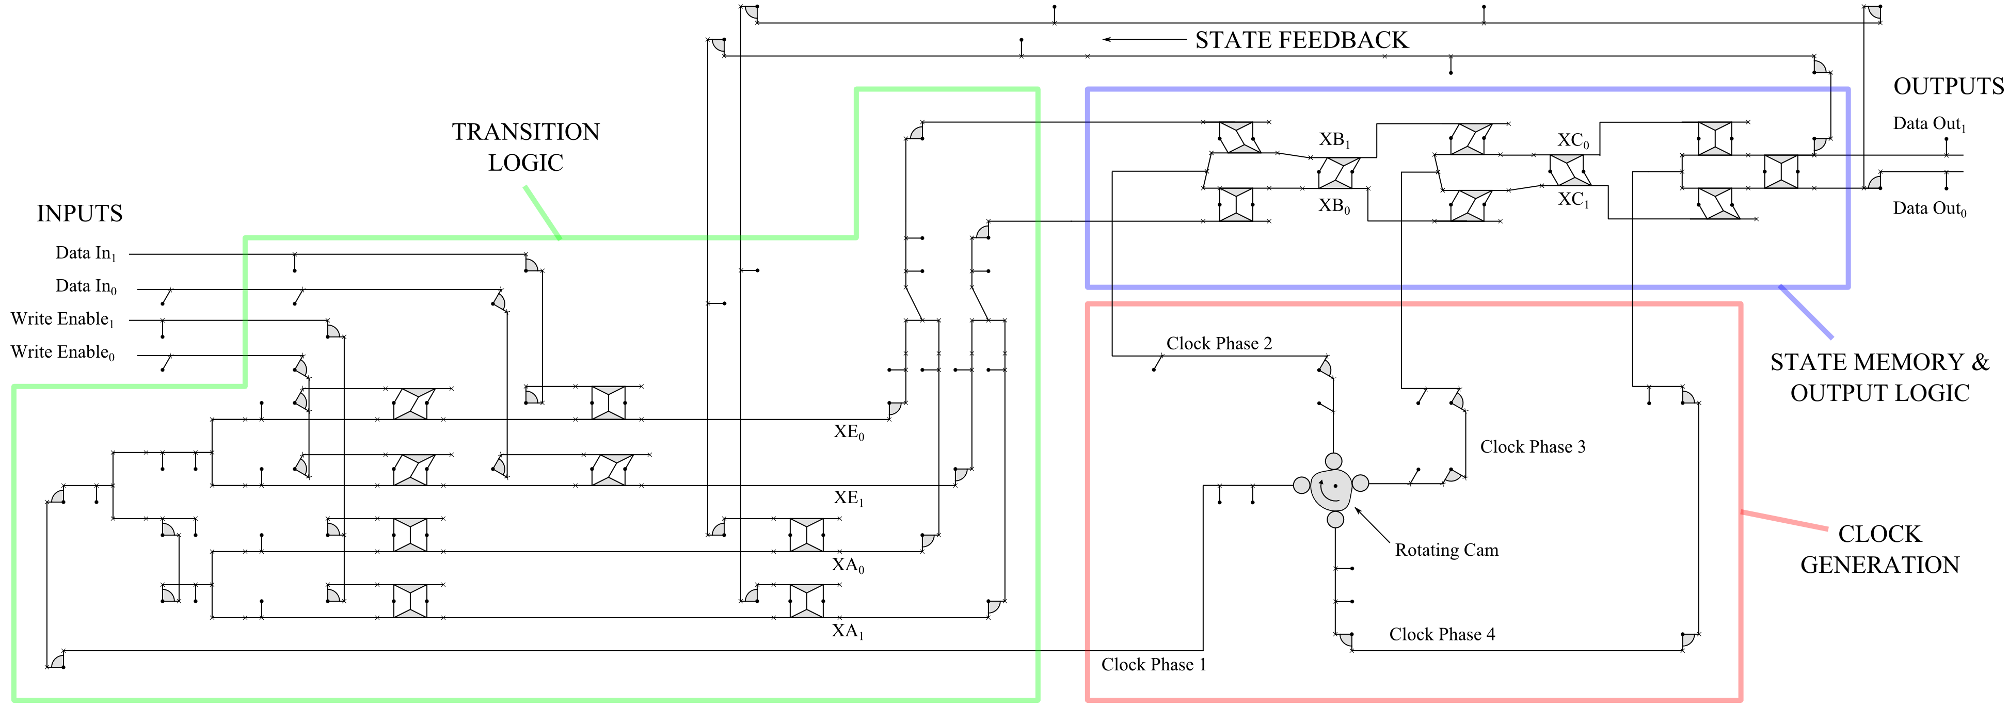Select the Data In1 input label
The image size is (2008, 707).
pyautogui.click(x=86, y=253)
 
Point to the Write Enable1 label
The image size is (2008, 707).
pyautogui.click(x=62, y=319)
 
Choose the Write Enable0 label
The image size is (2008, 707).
pyautogui.click(x=62, y=353)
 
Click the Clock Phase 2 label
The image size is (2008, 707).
pyautogui.click(x=1219, y=344)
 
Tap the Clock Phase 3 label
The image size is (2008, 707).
pyautogui.click(x=1533, y=447)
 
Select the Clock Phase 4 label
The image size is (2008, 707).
pyautogui.click(x=1442, y=635)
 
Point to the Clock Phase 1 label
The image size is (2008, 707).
pyautogui.click(x=1154, y=665)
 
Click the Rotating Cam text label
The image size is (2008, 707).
pyautogui.click(x=1447, y=550)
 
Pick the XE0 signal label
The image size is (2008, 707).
pyautogui.click(x=849, y=432)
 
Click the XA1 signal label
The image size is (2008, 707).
pyautogui.click(x=847, y=631)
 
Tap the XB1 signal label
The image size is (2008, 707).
pyautogui.click(x=1334, y=140)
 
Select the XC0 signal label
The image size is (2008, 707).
pyautogui.click(x=1573, y=141)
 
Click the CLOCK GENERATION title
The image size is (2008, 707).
pyautogui.click(x=1879, y=550)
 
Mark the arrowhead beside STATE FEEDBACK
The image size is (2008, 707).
pyautogui.click(x=1107, y=40)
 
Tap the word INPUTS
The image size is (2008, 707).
pyautogui.click(x=79, y=214)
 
